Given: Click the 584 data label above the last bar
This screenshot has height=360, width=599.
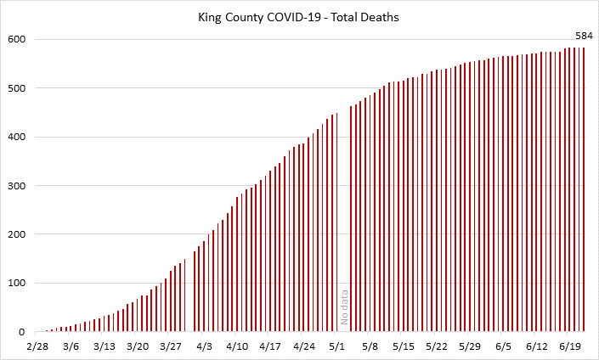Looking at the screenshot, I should [583, 35].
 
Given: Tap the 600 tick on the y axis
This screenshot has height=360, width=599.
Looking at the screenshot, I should [17, 40].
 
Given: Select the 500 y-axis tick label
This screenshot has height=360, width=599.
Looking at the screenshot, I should [17, 88].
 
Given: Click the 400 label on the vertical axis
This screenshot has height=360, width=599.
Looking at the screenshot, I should [17, 138].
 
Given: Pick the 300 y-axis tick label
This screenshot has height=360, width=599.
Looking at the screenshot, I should [17, 186].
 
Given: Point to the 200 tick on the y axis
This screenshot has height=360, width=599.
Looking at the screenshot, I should [17, 234].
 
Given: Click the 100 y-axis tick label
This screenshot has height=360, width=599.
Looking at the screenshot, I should [17, 284].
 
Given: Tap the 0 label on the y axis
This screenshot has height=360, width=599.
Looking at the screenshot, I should [23, 332].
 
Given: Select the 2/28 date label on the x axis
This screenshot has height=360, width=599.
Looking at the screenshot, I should [37, 346].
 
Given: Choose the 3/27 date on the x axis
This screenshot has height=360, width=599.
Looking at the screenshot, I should [171, 346].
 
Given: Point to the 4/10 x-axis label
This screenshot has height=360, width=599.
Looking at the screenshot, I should [237, 346].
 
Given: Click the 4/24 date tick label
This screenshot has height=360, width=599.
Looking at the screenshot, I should [303, 346].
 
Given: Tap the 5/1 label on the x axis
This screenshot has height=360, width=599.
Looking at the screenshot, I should [337, 346].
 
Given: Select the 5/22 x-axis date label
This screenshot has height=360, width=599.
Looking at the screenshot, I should [437, 346].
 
